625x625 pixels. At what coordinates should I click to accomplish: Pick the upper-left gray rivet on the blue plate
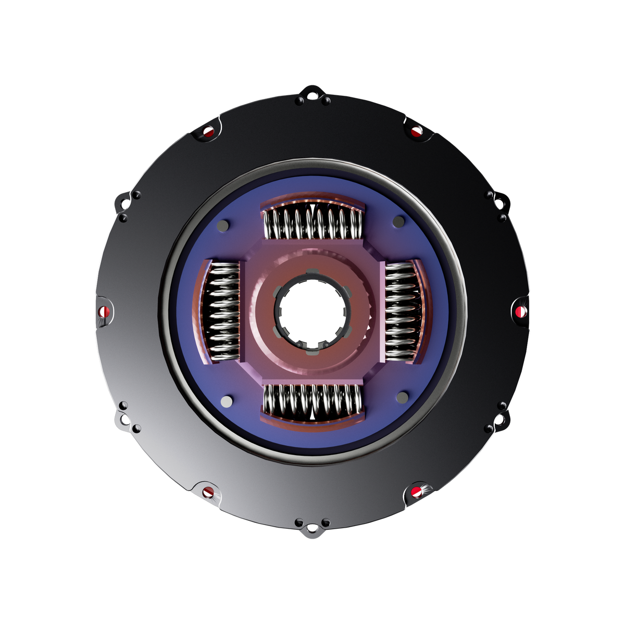coord(223,226)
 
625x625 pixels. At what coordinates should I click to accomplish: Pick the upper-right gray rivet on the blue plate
coord(398,222)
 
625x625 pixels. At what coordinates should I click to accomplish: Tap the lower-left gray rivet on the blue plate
coord(227,402)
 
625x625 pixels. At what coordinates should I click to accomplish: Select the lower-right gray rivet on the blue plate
coord(402,397)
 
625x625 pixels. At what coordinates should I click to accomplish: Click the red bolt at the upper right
coord(416,131)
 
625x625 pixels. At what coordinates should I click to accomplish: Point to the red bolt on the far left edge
coord(103,312)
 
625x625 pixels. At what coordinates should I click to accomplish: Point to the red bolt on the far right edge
coord(520,311)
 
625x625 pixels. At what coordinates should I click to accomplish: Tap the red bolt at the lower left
coord(208,492)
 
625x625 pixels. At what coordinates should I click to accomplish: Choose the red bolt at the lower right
coord(416,492)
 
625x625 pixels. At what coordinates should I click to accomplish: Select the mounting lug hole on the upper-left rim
coord(124,204)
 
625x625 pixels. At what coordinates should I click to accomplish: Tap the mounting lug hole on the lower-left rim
coord(124,419)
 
